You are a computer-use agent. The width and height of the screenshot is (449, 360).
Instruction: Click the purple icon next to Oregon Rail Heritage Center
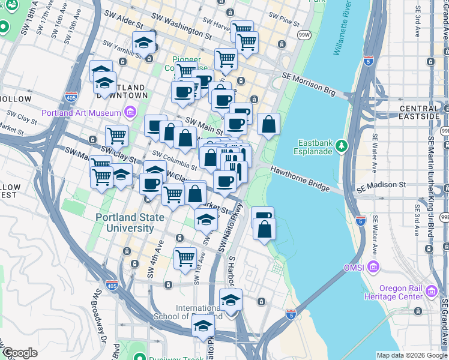[430, 292]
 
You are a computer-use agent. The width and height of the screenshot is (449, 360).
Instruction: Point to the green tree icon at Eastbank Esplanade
[342, 145]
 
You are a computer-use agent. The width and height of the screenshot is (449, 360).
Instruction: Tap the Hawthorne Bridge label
[301, 179]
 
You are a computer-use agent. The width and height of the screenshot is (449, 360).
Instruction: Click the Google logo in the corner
[20, 353]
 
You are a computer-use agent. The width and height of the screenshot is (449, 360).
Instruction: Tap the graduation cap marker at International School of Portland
[231, 300]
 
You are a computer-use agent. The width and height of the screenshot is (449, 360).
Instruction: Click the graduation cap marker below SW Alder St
[144, 42]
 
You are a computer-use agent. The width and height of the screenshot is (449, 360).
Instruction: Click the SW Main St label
[204, 125]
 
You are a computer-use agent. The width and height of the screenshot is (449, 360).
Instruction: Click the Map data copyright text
[412, 355]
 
